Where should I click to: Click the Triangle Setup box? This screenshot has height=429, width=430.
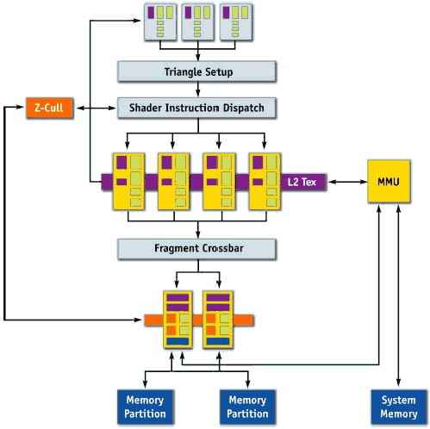[196, 71]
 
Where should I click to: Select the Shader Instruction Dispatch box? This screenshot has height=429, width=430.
[196, 108]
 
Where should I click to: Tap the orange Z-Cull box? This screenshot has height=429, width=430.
[49, 108]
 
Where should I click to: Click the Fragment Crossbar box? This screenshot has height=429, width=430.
[196, 249]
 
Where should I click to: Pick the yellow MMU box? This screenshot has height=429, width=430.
[389, 182]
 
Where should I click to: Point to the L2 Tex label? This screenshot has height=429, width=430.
[302, 182]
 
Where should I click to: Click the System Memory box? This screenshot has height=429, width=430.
[399, 407]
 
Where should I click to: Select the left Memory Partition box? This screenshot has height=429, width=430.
[146, 407]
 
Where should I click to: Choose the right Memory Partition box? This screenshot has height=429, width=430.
[247, 407]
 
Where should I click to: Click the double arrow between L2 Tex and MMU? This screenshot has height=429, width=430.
[347, 182]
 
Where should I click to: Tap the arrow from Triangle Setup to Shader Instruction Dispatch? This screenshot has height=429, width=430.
[198, 90]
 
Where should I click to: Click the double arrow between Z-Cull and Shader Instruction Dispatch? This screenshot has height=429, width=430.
[97, 108]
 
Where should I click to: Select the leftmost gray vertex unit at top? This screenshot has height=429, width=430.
[160, 22]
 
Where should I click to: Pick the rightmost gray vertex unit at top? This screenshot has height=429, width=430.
[236, 22]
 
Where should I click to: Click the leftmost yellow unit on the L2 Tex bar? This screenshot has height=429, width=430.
[128, 182]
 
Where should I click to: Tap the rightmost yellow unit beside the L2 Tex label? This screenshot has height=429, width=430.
[265, 182]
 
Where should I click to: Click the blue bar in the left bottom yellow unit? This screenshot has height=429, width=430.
[178, 341]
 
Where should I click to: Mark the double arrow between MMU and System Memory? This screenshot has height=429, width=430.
[398, 295]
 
